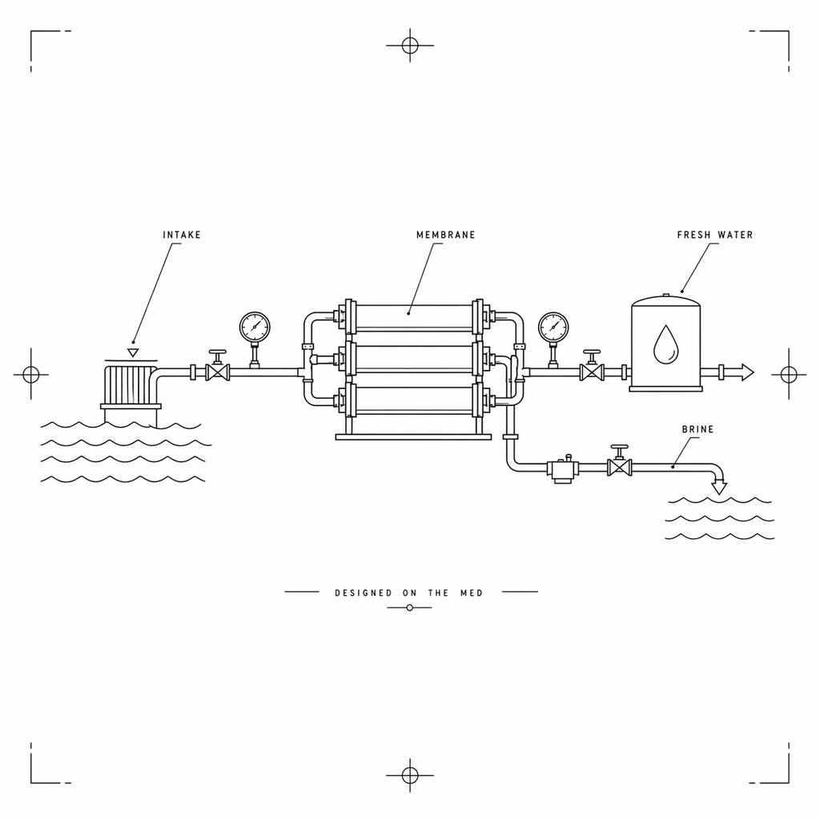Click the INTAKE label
[x=182, y=235]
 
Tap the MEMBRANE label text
[x=446, y=235]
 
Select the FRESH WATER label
[x=715, y=235]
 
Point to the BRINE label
[x=697, y=429]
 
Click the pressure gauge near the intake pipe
[x=255, y=328]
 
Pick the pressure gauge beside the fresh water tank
[x=553, y=328]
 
